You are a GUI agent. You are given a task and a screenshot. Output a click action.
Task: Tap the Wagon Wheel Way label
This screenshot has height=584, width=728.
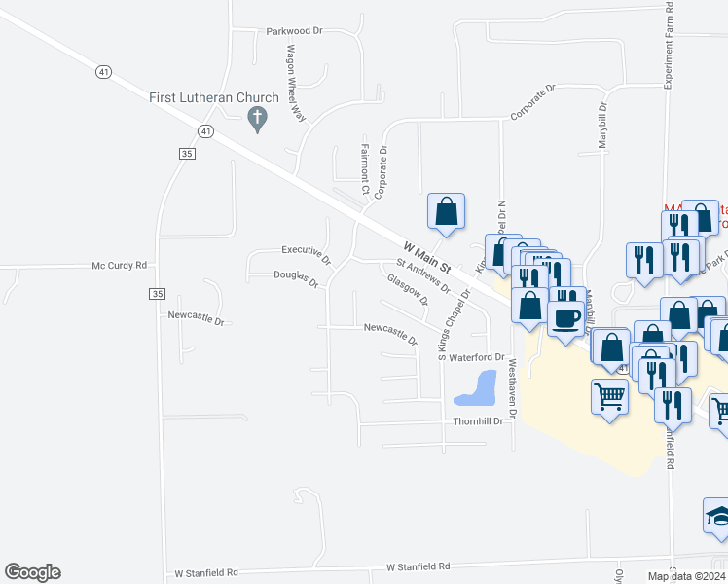(295, 83)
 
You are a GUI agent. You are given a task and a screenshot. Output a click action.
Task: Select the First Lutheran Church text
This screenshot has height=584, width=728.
(214, 97)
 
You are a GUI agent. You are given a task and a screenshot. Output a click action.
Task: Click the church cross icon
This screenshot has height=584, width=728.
(258, 120)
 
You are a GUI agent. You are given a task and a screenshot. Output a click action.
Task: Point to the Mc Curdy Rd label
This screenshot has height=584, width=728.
(119, 265)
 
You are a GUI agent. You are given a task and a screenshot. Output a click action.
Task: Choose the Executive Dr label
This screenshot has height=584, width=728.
(306, 254)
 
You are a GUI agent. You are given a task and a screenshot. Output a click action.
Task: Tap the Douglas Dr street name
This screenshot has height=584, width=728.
(296, 279)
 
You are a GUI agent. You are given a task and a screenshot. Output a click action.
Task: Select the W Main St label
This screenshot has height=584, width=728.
(427, 258)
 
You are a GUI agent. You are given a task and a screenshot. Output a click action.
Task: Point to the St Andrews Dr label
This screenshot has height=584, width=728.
(422, 275)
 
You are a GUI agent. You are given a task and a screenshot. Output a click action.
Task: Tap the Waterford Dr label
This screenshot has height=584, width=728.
(479, 358)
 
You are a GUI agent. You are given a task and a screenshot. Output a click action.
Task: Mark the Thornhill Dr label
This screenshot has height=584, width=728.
(478, 421)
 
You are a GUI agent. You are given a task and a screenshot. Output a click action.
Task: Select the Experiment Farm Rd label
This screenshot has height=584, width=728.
(670, 46)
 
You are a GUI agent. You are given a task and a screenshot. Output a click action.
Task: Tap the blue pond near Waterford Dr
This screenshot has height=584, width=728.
(475, 390)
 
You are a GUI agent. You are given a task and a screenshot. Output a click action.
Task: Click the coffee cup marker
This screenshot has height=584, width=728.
(565, 319)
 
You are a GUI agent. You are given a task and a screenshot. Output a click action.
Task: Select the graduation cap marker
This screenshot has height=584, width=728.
(717, 514)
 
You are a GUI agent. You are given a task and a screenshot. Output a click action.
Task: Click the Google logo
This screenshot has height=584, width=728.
(33, 572)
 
